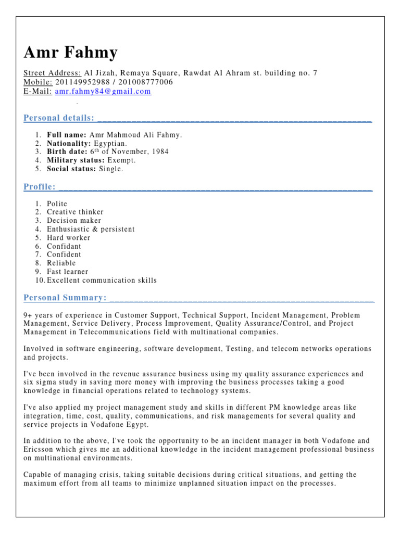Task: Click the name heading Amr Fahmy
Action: point(70,53)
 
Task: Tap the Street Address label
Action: point(52,73)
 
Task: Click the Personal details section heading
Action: point(59,118)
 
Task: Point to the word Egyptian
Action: point(110,143)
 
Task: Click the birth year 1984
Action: point(159,152)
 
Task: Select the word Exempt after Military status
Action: point(121,160)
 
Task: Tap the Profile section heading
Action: point(40,187)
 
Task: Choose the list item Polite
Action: point(57,204)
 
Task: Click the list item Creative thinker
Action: point(75,212)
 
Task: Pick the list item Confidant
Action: point(64,246)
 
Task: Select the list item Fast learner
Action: point(68,272)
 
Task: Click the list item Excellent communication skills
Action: point(102,280)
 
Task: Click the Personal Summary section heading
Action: point(65,298)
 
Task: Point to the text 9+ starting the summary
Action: point(29,315)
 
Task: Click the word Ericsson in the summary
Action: point(40,450)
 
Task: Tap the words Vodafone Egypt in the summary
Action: point(119,424)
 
